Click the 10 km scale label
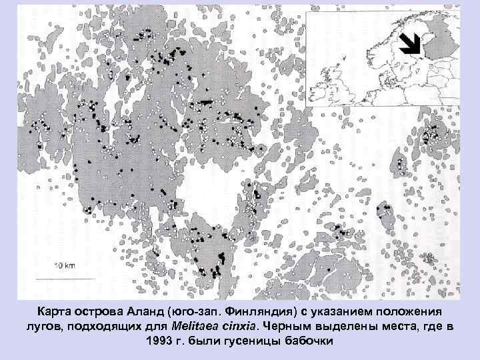point(65,265)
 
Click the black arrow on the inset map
point(410,43)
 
